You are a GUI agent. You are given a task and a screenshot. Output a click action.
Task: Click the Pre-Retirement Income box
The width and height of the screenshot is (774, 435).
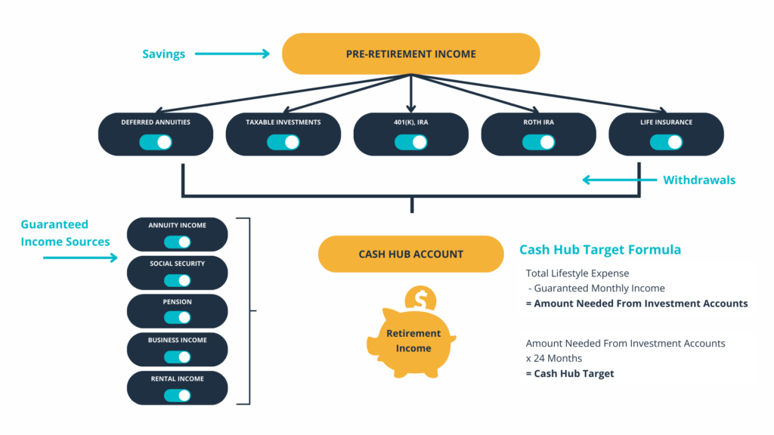pos(410,54)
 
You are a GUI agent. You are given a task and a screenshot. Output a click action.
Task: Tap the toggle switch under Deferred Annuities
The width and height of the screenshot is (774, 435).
pos(156,143)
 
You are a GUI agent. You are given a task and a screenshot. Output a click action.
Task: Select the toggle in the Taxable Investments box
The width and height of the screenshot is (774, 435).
pos(283,143)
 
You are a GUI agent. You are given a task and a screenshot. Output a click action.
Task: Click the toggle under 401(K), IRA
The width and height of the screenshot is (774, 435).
pos(410,143)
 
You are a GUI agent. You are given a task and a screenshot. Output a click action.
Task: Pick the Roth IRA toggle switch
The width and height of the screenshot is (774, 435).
pos(538,143)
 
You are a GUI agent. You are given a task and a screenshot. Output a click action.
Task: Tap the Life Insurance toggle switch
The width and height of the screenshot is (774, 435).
pos(667,143)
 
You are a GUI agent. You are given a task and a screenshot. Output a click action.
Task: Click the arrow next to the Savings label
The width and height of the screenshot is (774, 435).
pos(232,54)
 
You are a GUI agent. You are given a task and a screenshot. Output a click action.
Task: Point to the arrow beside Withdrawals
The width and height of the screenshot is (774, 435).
pos(620,180)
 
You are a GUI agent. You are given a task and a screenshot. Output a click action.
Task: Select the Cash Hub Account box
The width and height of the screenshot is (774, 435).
pos(410,254)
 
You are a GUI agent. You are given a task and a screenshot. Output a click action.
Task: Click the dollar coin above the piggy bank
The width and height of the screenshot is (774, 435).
pos(420,298)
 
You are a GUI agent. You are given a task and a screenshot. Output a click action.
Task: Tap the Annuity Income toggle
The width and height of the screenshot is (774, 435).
pos(177,242)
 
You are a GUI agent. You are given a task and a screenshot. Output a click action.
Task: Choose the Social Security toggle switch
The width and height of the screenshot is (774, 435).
pos(177,281)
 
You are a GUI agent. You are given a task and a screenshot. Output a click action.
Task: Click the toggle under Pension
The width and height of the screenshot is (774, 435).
pos(177,318)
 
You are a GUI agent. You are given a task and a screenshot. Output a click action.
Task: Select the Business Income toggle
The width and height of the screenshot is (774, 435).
pos(177,356)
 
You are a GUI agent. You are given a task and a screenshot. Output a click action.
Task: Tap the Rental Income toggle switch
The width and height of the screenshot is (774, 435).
pos(177,395)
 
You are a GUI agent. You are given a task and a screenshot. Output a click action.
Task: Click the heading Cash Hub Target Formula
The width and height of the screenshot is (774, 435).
pos(599,249)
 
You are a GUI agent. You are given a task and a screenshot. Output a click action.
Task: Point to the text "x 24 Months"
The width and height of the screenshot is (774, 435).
pos(554,359)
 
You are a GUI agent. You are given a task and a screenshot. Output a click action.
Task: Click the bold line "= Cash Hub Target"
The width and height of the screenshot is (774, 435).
pos(570,373)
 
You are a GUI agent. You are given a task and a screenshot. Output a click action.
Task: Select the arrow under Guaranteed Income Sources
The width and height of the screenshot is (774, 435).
pos(80,258)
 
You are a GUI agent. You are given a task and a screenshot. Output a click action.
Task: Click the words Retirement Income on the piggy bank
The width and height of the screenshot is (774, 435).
pos(413,341)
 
